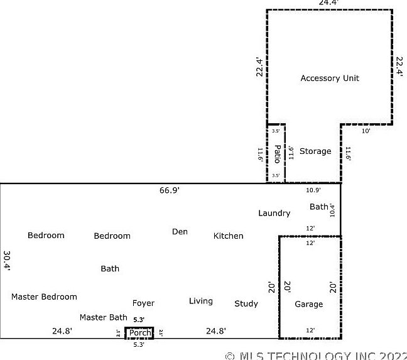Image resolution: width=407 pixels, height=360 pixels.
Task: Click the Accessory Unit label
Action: coord(330,79)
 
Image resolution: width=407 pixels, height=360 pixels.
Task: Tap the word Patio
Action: coord(277,153)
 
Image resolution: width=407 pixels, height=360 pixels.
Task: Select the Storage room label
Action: coord(315,151)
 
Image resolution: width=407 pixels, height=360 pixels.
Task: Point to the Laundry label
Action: coord(274,213)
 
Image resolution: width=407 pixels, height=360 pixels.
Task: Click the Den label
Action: coord(180,232)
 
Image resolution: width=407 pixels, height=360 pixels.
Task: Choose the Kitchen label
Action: coord(228,236)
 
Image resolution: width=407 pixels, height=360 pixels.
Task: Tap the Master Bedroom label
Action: coord(44,297)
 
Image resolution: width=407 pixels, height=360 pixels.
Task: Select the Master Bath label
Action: coord(103,318)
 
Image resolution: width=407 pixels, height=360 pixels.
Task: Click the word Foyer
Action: coord(143,303)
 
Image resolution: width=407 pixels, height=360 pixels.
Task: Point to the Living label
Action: coord(201,302)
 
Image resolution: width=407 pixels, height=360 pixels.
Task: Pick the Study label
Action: coord(246,304)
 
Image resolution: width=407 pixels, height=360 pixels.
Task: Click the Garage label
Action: coord(309,305)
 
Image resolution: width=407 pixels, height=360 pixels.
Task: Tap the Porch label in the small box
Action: coord(139,333)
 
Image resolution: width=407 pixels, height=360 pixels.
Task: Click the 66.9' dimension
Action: coord(170,190)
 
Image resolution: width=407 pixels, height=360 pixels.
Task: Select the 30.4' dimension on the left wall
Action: coord(7,261)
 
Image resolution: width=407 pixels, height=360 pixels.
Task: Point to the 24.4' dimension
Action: coord(328,3)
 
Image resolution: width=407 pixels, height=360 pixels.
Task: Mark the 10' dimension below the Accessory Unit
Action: coord(366,131)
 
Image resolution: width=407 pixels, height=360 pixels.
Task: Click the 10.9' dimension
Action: coord(313,190)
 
